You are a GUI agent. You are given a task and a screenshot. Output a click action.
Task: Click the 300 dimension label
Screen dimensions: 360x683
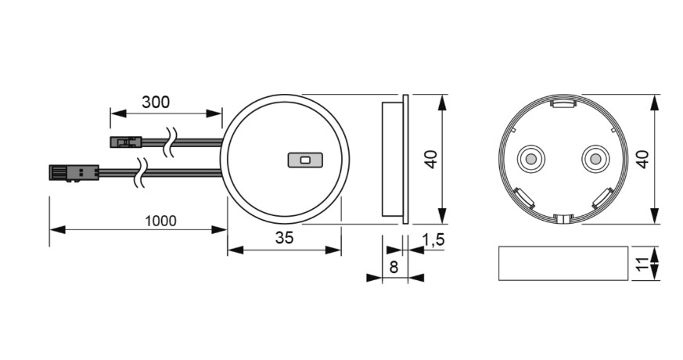(155, 102)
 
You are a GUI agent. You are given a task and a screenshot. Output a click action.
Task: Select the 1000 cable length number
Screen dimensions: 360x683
(160, 221)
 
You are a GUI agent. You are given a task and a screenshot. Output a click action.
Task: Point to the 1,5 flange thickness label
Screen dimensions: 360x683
(433, 239)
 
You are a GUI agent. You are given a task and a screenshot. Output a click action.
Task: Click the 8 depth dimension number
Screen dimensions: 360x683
(394, 267)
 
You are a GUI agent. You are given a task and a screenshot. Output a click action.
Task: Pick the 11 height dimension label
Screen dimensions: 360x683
(642, 264)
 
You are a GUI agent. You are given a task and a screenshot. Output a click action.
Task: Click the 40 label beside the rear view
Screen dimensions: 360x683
(642, 160)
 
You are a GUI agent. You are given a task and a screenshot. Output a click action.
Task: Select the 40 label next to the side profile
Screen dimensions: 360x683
(430, 160)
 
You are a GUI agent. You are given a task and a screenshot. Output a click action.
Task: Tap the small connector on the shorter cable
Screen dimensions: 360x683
(125, 142)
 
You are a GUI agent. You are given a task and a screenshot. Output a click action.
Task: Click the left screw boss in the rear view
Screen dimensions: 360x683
(530, 159)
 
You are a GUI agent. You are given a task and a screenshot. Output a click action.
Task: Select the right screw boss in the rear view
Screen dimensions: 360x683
(594, 159)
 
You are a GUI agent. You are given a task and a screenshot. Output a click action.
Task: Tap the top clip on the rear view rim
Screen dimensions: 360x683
(563, 102)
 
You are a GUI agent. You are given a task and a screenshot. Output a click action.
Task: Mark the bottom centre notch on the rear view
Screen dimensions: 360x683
(562, 217)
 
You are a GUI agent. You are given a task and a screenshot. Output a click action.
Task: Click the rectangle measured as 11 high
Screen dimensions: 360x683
(563, 264)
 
